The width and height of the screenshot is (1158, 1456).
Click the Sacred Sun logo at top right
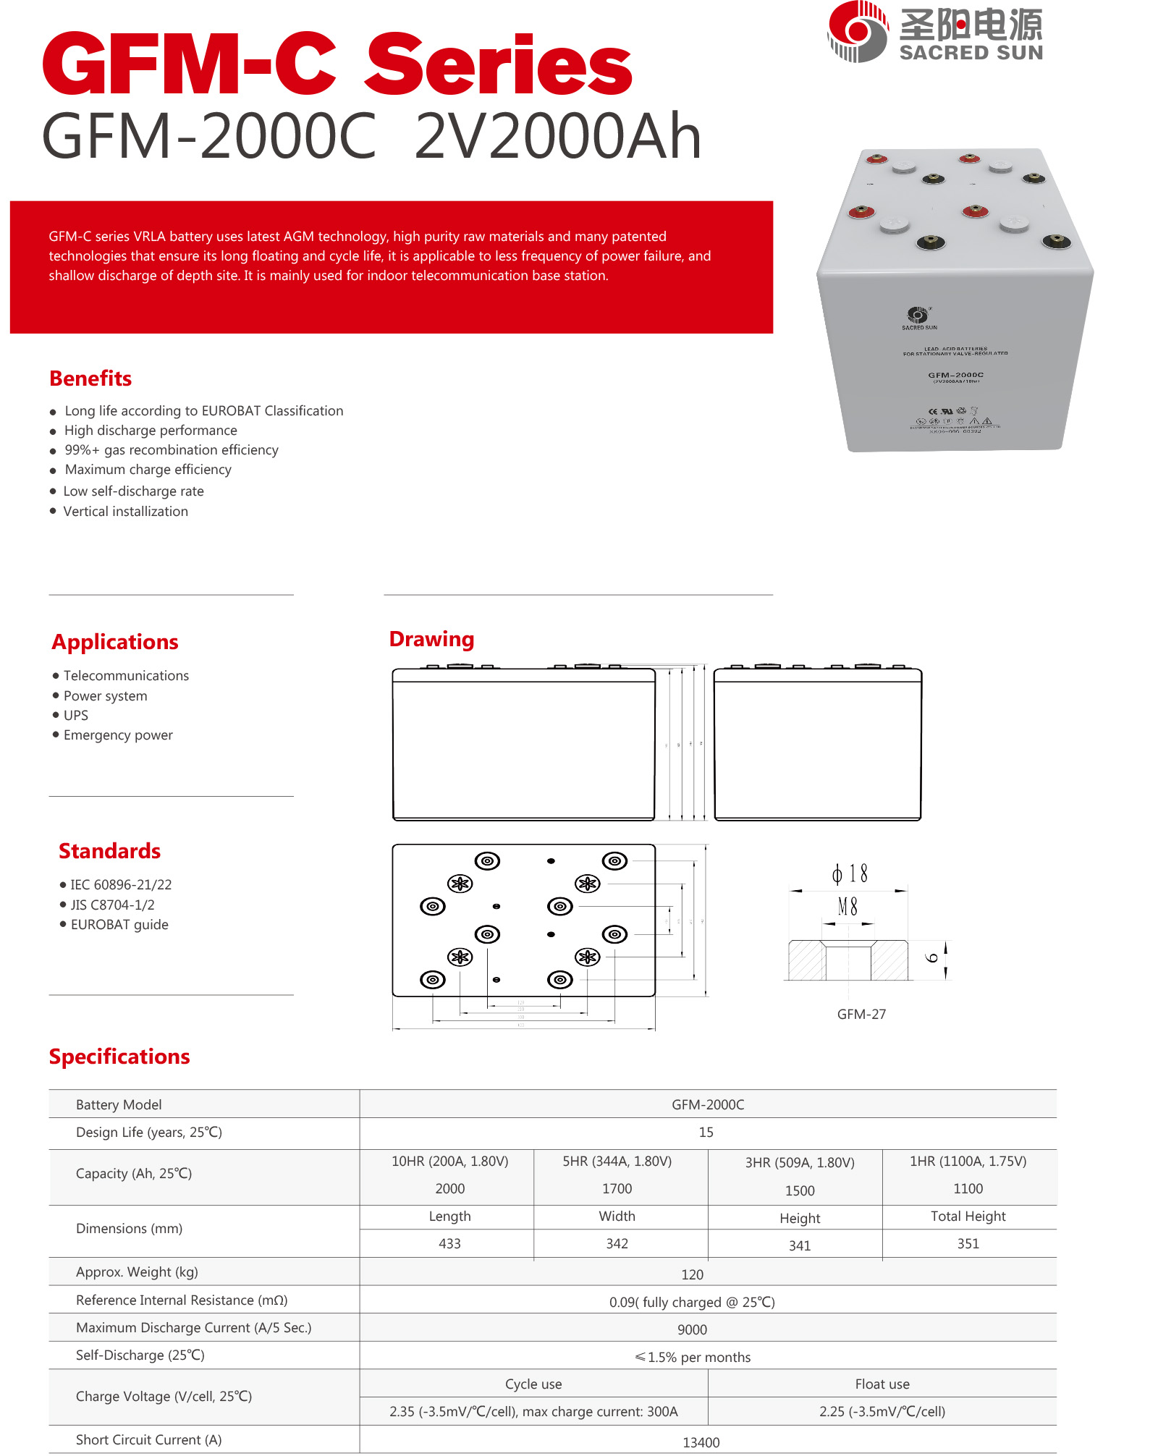(934, 32)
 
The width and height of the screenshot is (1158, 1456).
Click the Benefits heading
(90, 378)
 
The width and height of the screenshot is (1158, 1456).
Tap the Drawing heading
(431, 639)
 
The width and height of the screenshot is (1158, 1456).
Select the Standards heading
(109, 851)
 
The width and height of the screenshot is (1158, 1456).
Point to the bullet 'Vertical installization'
(125, 512)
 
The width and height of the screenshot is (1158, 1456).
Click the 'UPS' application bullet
(76, 716)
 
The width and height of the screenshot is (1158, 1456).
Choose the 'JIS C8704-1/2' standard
(112, 905)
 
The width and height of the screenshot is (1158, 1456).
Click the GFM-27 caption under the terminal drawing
(861, 1015)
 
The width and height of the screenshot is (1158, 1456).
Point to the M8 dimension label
(848, 907)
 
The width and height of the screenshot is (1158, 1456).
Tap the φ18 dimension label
(850, 874)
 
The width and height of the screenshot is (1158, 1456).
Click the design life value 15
(706, 1133)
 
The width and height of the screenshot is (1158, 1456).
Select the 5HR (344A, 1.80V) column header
(617, 1161)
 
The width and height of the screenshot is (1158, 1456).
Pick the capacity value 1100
(968, 1189)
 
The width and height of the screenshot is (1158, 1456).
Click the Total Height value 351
(968, 1244)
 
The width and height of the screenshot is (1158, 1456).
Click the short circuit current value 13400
(701, 1443)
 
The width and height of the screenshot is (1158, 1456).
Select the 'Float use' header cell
(882, 1384)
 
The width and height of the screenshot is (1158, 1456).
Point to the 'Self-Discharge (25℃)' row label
(140, 1355)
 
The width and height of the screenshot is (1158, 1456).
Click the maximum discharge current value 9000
(693, 1330)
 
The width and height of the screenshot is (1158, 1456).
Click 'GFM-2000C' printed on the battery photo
(955, 375)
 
